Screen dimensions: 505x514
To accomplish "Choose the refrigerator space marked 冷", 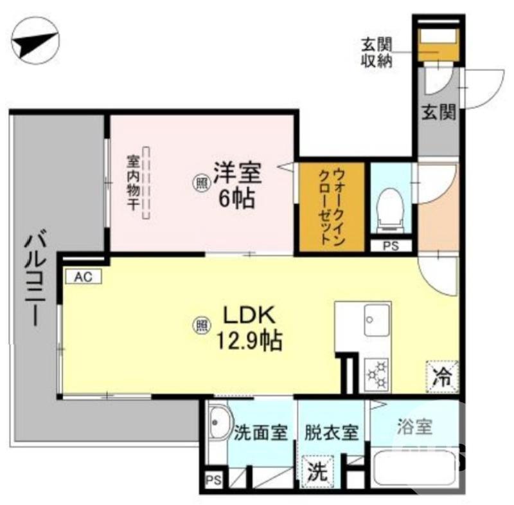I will tap(441, 375).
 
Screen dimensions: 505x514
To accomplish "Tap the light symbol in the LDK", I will tap(201, 325).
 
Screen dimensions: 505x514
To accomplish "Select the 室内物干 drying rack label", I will tap(133, 184).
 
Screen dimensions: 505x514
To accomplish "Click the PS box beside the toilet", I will tap(390, 245).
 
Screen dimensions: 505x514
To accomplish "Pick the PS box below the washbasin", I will tap(214, 480).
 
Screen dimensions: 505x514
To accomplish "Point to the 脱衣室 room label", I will tap(332, 431).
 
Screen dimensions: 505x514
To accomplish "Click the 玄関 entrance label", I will tap(438, 113).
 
